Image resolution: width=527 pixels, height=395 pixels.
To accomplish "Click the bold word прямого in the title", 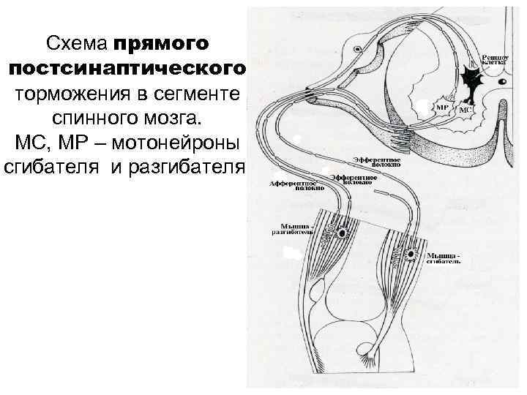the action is (x=161, y=44).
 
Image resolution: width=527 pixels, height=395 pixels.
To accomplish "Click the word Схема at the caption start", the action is (x=76, y=44).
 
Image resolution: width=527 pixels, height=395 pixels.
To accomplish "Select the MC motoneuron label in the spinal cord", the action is (x=465, y=109).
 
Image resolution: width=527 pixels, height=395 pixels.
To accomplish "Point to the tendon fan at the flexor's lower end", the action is (x=376, y=358).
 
